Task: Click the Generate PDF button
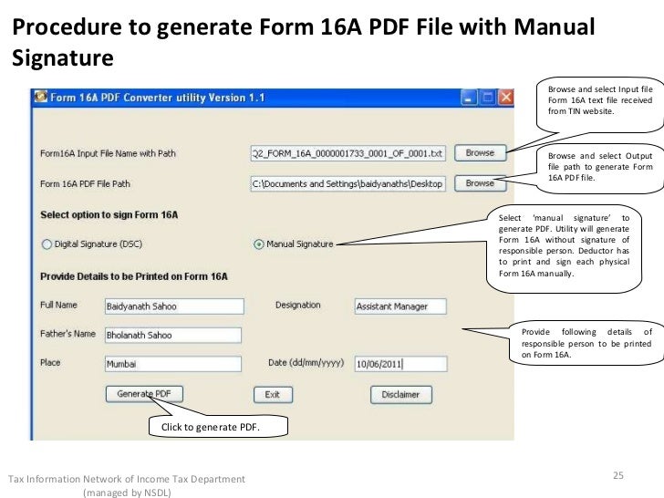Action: pyautogui.click(x=144, y=394)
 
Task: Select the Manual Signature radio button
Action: pyautogui.click(x=259, y=244)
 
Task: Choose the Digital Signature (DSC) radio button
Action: pyautogui.click(x=47, y=244)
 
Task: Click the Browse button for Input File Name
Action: pyautogui.click(x=480, y=152)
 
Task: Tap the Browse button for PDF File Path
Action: pyautogui.click(x=480, y=183)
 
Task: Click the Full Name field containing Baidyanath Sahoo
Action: pyautogui.click(x=172, y=306)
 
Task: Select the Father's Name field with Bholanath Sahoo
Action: pyautogui.click(x=172, y=335)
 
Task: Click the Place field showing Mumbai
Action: pyautogui.click(x=172, y=363)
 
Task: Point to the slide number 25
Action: pyautogui.click(x=618, y=475)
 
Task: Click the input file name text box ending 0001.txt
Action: pyautogui.click(x=348, y=152)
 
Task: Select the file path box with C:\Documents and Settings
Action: pyautogui.click(x=348, y=184)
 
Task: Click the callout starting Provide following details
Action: pyautogui.click(x=586, y=342)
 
